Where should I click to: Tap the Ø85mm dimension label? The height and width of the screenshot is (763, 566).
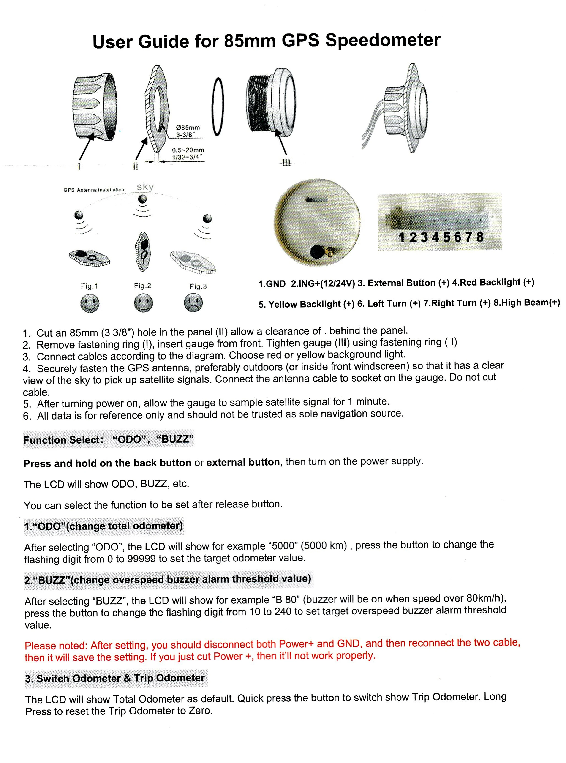click(x=188, y=128)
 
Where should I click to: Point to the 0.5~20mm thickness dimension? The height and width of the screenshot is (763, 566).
click(x=188, y=150)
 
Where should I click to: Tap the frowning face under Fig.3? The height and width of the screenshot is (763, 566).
click(x=193, y=303)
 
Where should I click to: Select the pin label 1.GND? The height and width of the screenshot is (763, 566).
click(x=272, y=284)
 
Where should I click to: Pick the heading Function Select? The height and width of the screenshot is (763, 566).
click(x=63, y=440)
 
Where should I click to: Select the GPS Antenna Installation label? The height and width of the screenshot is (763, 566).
click(x=95, y=190)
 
